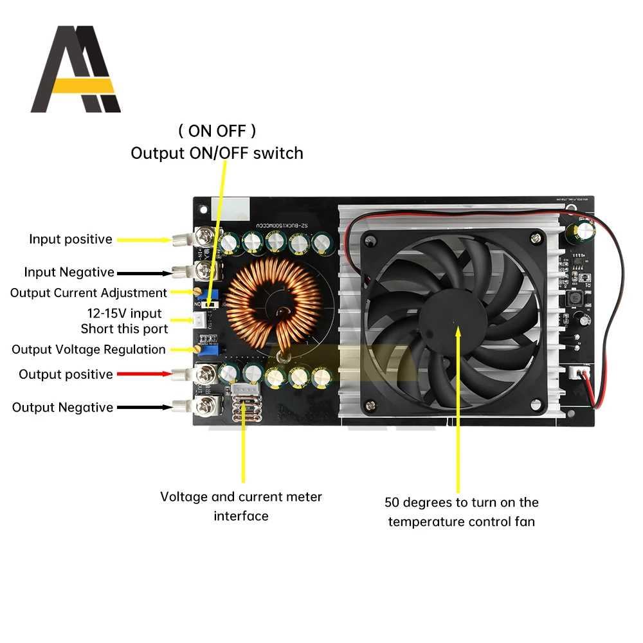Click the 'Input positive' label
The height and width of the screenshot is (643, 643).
click(x=71, y=239)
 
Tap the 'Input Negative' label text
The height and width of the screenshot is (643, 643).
click(x=69, y=273)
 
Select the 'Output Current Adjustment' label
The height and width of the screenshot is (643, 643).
click(x=89, y=293)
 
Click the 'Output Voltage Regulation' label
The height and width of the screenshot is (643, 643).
click(x=89, y=350)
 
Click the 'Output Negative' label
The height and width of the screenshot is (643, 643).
click(x=62, y=408)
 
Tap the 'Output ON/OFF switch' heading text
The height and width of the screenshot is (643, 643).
click(x=217, y=153)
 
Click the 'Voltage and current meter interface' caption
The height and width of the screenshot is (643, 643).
click(x=240, y=506)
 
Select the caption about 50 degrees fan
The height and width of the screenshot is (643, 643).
click(x=462, y=512)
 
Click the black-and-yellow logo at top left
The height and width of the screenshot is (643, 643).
click(x=75, y=69)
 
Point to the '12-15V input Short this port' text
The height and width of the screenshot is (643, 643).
click(x=124, y=321)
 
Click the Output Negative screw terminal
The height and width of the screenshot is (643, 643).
click(x=208, y=406)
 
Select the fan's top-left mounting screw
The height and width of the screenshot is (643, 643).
click(x=369, y=241)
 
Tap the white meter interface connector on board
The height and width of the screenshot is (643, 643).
click(x=244, y=391)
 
